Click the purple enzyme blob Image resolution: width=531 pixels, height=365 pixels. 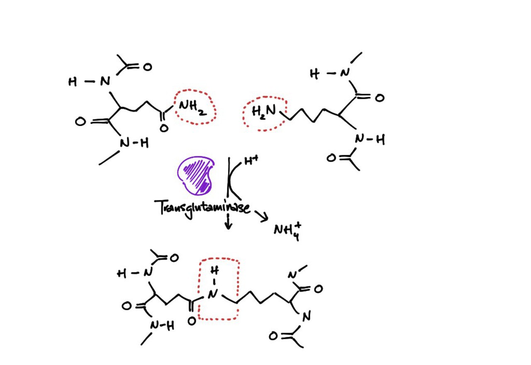coord(195,175)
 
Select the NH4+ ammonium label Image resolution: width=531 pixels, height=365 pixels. coord(287,229)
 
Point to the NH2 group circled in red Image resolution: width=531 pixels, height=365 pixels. coord(192,109)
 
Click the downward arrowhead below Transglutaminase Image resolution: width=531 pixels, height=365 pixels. coord(227,226)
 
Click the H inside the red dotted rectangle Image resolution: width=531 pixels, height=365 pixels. coord(214,271)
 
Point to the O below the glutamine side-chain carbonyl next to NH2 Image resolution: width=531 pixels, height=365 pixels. coord(164,128)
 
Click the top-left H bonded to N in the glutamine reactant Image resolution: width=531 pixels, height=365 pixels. coord(73,82)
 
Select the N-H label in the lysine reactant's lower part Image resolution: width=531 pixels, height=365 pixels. coord(369,140)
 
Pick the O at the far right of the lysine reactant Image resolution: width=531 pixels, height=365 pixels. coord(379,98)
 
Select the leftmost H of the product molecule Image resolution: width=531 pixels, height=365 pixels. coord(122,274)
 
